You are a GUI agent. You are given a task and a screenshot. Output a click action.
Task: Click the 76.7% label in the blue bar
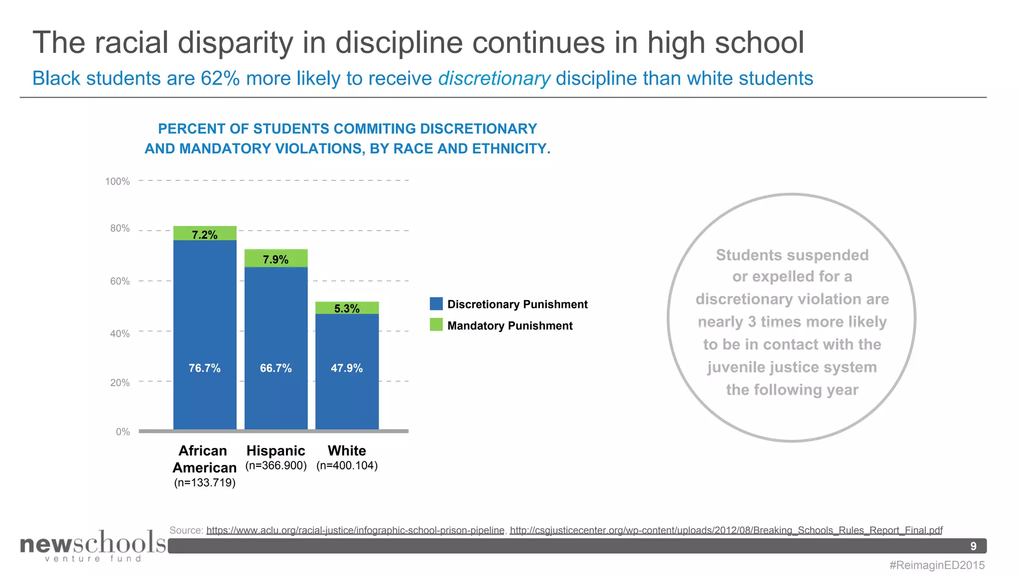[x=204, y=368]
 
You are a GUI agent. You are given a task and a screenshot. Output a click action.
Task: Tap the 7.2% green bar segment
[x=205, y=234]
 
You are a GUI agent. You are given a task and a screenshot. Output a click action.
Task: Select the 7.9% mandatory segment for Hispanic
[x=275, y=259]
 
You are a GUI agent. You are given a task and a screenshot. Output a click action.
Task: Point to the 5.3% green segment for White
[x=347, y=308]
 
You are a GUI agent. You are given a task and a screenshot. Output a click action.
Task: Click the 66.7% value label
[x=275, y=368]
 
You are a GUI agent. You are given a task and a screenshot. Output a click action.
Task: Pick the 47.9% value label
[x=347, y=368]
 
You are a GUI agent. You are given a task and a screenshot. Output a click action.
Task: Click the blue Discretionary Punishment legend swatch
[x=436, y=304]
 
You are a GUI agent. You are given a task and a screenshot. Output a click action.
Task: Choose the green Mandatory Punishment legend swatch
[x=436, y=325]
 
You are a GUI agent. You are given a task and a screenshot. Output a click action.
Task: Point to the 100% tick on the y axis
[x=118, y=181]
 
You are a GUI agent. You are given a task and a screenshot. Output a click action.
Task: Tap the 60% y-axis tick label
[x=120, y=281]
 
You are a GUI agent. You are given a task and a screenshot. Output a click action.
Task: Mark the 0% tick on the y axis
[x=123, y=431]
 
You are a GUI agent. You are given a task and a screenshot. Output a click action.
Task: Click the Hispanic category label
[x=275, y=450]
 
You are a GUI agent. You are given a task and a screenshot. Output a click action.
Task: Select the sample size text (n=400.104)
[x=347, y=465]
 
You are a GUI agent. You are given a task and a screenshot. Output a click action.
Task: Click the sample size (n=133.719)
[x=205, y=482]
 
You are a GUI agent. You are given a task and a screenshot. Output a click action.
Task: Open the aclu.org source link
[x=355, y=530]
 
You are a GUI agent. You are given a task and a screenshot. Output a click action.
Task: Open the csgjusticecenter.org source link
[x=726, y=530]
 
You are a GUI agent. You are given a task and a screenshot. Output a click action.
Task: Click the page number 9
[x=973, y=546]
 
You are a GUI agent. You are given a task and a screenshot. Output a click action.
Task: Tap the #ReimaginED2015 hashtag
[x=937, y=565]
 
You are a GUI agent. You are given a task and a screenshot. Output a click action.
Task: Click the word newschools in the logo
[x=93, y=543]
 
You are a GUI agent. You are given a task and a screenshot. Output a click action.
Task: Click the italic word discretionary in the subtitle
[x=494, y=79]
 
